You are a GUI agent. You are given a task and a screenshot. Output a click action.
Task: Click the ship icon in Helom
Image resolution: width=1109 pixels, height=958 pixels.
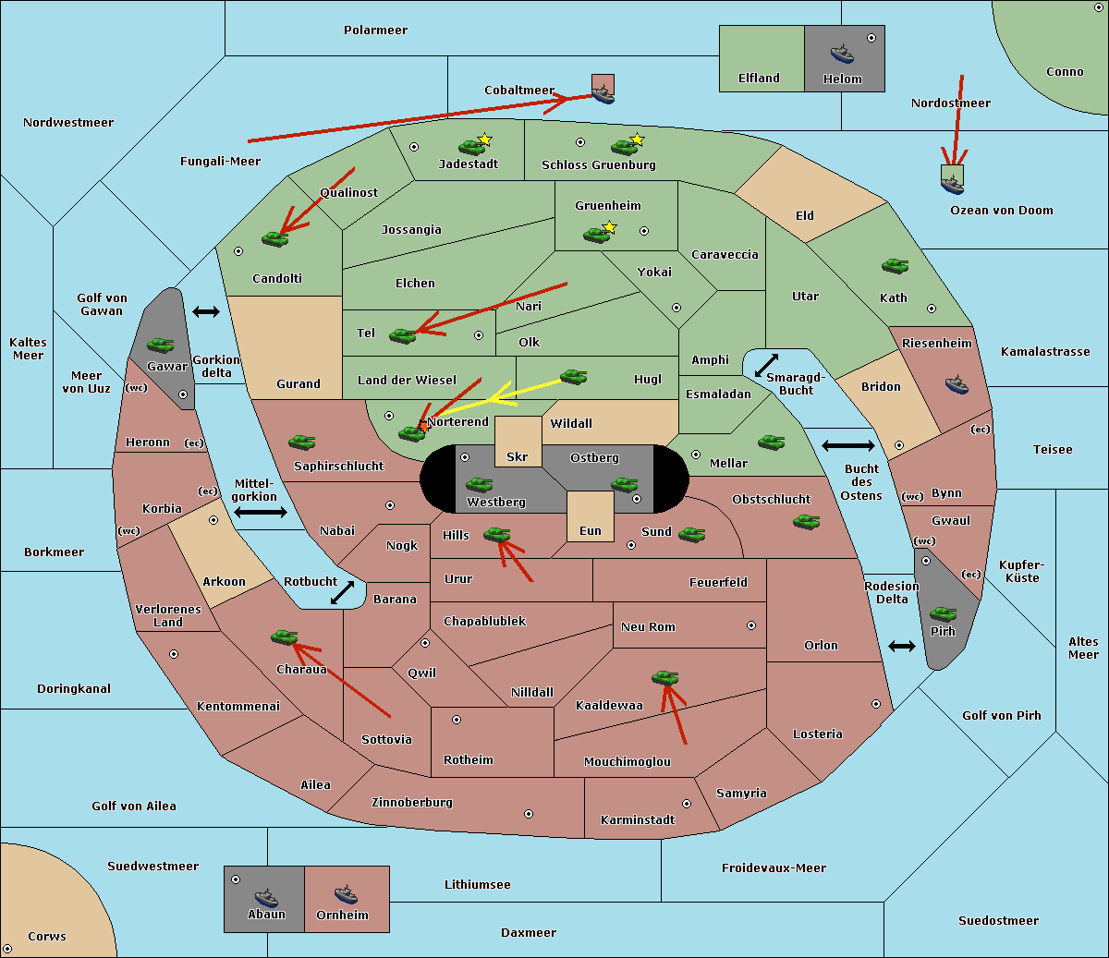(x=842, y=54)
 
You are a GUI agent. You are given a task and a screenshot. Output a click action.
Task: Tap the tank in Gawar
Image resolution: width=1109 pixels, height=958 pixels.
(x=161, y=345)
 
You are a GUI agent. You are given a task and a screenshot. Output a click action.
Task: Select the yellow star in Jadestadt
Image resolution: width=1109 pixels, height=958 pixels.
(x=484, y=139)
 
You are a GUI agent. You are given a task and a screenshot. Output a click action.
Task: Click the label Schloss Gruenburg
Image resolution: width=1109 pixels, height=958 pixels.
(x=599, y=164)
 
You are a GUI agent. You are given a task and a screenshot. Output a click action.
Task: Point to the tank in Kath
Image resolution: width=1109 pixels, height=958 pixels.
(x=895, y=265)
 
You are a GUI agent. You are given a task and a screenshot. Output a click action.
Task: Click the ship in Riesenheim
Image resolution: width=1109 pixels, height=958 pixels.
(x=957, y=384)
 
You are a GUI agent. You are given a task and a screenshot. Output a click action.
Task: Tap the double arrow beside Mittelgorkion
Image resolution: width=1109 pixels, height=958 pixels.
(x=261, y=512)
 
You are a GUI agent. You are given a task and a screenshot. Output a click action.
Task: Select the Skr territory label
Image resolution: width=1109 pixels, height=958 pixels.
(x=518, y=456)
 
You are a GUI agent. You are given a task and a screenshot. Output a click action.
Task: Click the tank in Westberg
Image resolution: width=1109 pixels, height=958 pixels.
(x=479, y=484)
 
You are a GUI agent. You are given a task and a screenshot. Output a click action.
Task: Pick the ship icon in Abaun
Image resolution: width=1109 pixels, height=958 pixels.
(x=267, y=897)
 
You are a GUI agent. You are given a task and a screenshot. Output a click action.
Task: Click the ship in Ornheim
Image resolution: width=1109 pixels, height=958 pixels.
(x=346, y=894)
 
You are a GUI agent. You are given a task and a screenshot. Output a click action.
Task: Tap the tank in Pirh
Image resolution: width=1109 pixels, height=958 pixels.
(x=944, y=613)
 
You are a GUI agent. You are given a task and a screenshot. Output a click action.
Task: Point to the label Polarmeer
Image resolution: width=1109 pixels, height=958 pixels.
(x=375, y=30)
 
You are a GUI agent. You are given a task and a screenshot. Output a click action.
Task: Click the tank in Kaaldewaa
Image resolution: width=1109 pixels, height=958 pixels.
(x=664, y=677)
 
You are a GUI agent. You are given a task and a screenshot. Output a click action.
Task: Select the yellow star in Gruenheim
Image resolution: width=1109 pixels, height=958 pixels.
(x=610, y=227)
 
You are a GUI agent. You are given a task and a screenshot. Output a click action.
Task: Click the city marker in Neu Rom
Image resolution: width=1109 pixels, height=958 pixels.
(x=751, y=625)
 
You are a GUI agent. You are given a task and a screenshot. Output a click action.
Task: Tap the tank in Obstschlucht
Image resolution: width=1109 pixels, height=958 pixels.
(x=807, y=521)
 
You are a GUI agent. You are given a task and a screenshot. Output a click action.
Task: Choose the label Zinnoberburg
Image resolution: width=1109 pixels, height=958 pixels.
(x=412, y=803)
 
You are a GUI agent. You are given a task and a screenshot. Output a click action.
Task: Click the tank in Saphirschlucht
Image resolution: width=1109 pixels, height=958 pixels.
(x=301, y=442)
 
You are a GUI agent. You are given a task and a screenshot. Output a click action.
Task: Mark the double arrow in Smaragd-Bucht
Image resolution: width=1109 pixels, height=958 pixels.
(x=766, y=365)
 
